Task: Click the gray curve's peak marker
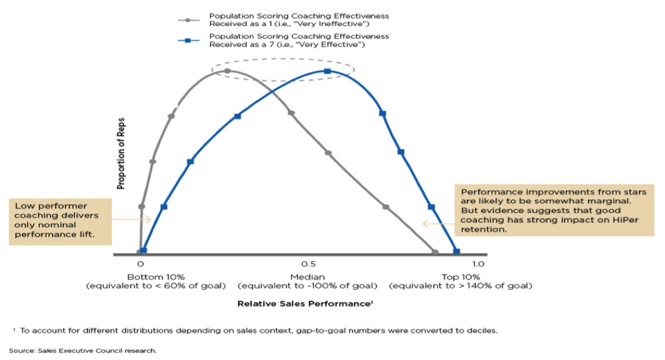(227, 70)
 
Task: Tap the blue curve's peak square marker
(327, 71)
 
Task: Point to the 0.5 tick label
(308, 264)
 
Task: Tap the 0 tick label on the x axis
(141, 264)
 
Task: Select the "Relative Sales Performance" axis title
(304, 302)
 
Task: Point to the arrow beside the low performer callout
(125, 220)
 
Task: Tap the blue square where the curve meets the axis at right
(456, 252)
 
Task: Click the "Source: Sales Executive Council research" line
(85, 350)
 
